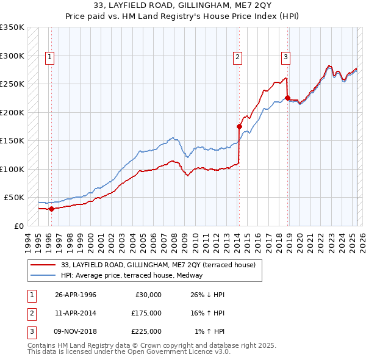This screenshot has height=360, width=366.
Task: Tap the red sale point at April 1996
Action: click(x=51, y=209)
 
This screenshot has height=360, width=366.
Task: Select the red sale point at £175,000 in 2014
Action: click(x=239, y=126)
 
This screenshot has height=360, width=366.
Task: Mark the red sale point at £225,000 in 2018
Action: click(x=287, y=98)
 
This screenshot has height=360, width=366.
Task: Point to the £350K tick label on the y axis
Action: click(x=12, y=27)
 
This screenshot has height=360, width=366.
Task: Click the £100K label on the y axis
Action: click(x=12, y=169)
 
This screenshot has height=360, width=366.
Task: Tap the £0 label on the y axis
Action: click(x=18, y=226)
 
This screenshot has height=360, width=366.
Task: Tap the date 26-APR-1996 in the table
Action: click(x=76, y=295)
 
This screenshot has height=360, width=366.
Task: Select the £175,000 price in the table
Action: click(x=146, y=313)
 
